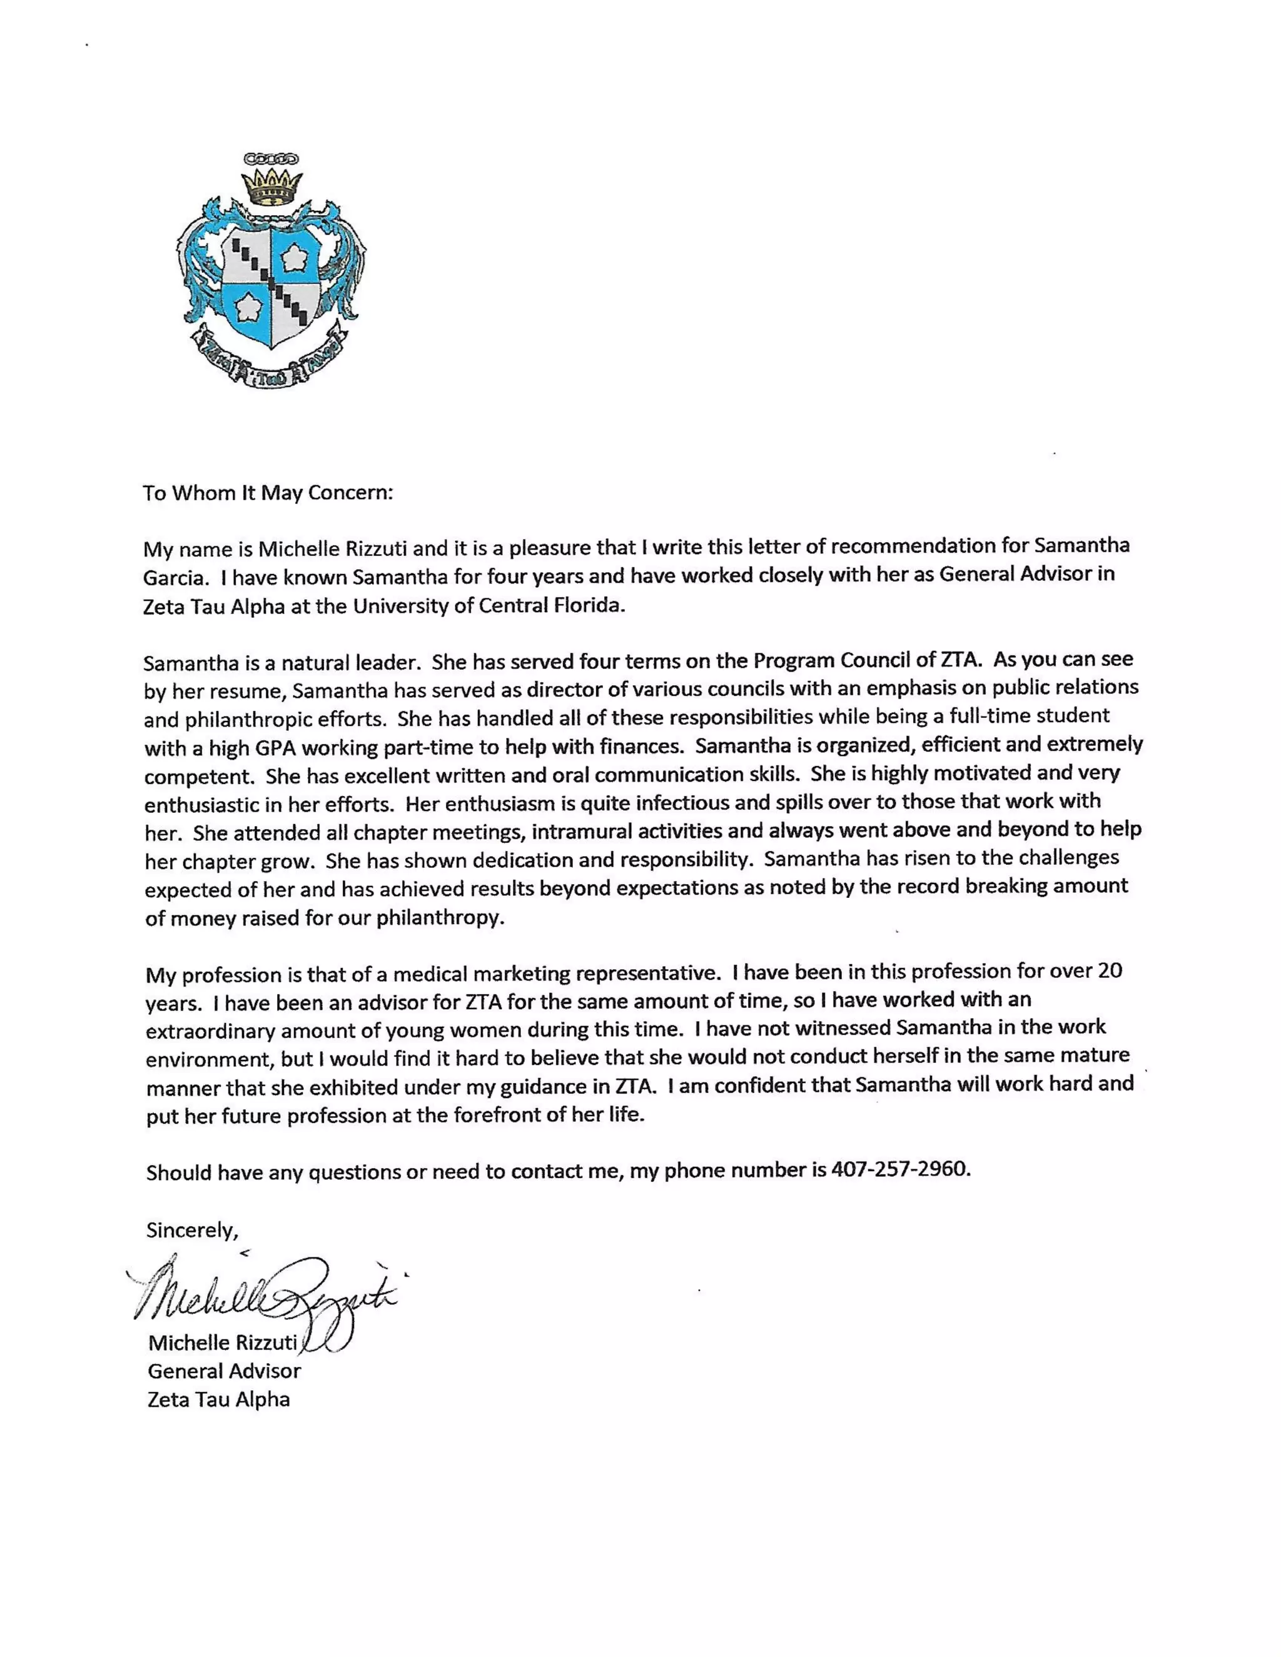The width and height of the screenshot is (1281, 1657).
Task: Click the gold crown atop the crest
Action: (271, 186)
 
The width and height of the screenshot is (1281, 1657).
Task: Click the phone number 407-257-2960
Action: (900, 1169)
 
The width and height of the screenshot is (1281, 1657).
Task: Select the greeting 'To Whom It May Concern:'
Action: (268, 493)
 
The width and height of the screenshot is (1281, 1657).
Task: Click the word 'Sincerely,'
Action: (192, 1230)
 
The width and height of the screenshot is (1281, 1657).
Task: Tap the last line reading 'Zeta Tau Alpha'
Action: (218, 1400)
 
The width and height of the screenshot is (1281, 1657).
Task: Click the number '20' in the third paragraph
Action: (1110, 971)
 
